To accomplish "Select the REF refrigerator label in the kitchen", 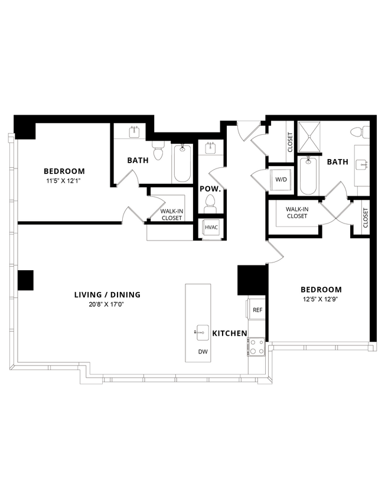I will point(257,310).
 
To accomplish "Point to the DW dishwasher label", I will point(203,351).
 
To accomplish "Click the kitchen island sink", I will point(202,332).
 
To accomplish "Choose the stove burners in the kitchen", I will point(256,346).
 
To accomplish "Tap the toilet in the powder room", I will point(210,204).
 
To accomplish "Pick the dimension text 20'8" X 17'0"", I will point(107,304).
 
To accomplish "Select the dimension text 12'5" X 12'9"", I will point(321,299).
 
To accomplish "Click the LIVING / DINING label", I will point(107,294).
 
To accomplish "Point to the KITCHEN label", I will point(230,333).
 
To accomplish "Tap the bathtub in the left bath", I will point(182,164).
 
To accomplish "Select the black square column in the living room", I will point(25,280).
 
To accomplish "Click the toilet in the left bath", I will point(158,153).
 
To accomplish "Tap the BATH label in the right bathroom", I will point(338,161).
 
